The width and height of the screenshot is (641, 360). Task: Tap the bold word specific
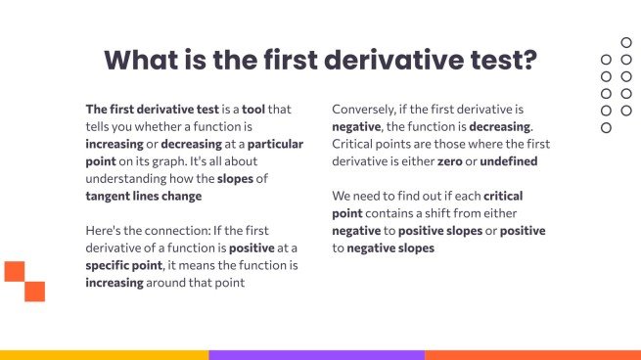[111, 265]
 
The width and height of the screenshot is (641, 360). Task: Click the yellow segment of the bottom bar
[104, 354]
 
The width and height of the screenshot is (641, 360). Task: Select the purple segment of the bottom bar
[316, 354]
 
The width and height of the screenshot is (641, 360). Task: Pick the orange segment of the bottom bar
[532, 354]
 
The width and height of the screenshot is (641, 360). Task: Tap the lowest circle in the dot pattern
[606, 128]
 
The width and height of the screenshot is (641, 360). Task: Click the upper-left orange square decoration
[14, 271]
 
